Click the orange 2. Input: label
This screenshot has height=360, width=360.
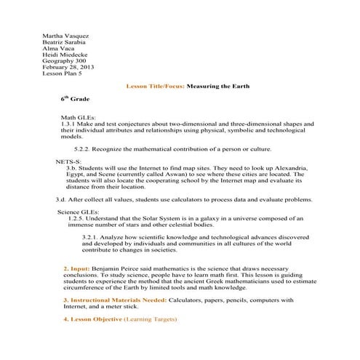click(77, 269)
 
